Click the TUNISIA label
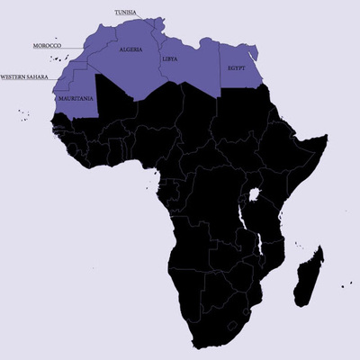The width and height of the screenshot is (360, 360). (x=126, y=13)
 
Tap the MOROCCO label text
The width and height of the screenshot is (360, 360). (x=46, y=44)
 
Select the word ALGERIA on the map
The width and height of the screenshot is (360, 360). (x=130, y=51)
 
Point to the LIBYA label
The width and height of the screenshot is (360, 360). (x=170, y=59)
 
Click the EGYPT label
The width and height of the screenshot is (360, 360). (x=237, y=67)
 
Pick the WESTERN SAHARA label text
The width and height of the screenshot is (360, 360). (x=26, y=76)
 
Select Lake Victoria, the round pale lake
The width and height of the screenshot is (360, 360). (x=255, y=194)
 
